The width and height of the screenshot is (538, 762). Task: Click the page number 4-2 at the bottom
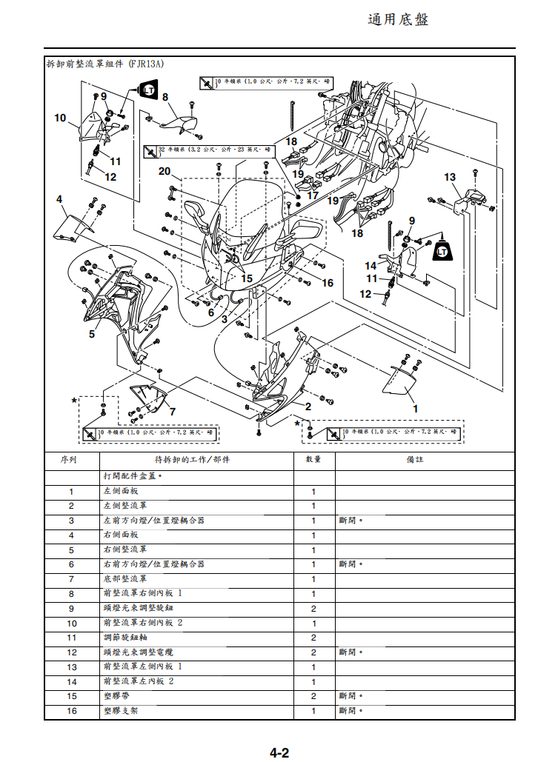(279, 753)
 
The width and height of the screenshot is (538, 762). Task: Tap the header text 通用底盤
(398, 19)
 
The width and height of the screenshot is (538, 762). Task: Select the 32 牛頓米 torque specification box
(215, 150)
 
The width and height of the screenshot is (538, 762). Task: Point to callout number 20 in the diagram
(165, 172)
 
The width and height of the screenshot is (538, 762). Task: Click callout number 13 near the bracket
(450, 177)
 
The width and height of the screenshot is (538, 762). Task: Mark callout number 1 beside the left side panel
(415, 409)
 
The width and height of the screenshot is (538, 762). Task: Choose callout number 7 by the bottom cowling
(172, 412)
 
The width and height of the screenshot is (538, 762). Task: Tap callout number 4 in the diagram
(59, 199)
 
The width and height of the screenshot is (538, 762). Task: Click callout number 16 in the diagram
(328, 283)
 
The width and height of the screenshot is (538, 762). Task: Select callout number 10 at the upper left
(61, 118)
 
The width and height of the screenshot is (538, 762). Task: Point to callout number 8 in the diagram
(165, 97)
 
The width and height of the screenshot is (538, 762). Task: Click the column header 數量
(313, 460)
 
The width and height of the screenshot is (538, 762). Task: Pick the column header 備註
(414, 460)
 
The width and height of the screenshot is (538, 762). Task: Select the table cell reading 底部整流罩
(125, 579)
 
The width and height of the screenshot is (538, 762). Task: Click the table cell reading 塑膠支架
(120, 711)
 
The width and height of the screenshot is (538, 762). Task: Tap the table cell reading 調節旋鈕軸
(125, 638)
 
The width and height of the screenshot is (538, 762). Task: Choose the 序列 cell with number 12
(71, 652)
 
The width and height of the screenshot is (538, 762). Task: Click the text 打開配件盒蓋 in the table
(132, 477)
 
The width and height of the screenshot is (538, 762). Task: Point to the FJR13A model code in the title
(146, 64)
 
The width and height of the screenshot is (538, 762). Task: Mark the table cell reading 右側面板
(120, 535)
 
